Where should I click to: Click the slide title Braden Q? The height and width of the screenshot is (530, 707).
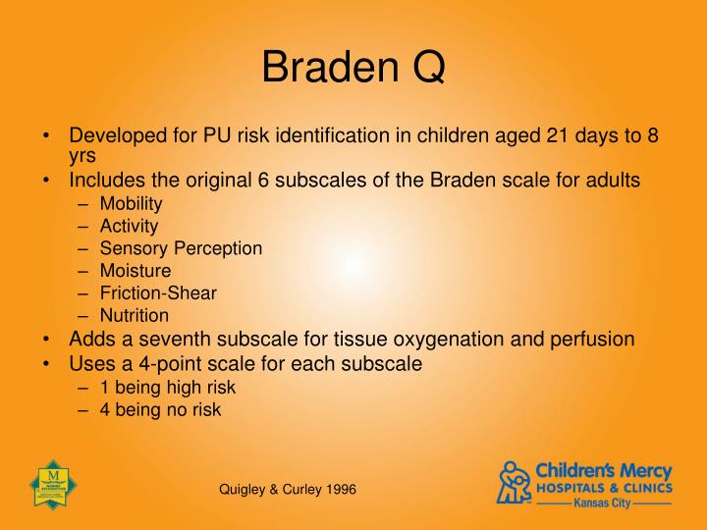(x=353, y=67)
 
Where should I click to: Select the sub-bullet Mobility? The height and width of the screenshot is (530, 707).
(x=131, y=204)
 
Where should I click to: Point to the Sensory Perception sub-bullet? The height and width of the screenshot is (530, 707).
(x=181, y=248)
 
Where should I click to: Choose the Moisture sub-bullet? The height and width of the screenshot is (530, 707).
(x=135, y=270)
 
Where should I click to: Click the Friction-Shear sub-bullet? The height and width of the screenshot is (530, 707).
(x=158, y=292)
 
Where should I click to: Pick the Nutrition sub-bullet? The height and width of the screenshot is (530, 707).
(x=134, y=315)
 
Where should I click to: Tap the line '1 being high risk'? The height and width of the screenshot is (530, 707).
(x=167, y=388)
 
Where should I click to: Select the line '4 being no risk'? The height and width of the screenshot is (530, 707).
(x=160, y=410)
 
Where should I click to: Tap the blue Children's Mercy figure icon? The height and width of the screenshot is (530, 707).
(x=515, y=482)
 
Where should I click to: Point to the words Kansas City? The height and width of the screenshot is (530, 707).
(x=603, y=503)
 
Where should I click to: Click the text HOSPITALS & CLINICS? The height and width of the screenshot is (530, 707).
(x=603, y=487)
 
